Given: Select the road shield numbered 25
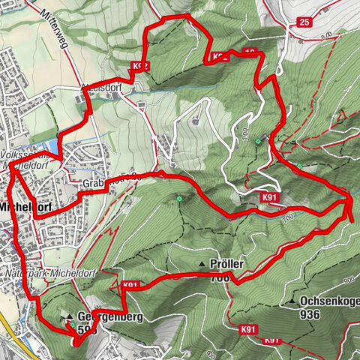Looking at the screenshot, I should tap(303, 22).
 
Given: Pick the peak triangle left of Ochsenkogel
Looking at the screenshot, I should tap(292, 301).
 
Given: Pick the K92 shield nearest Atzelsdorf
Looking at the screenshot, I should tap(142, 66).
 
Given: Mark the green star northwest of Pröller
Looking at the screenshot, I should tap(179, 199).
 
